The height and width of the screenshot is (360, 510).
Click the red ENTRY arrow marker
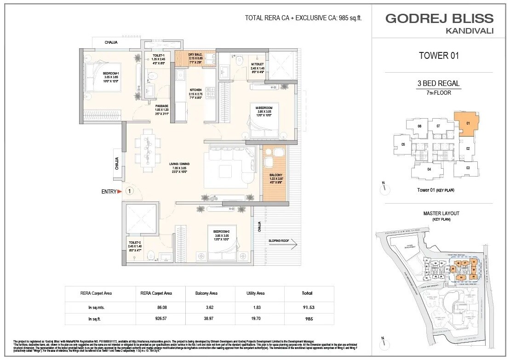[x=120, y=191]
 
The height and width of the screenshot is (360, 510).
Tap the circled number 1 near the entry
[x=130, y=191]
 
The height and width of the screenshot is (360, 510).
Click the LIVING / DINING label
[x=179, y=164]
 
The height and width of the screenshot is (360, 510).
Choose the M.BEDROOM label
[x=264, y=108]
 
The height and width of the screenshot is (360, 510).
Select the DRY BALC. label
[x=195, y=54]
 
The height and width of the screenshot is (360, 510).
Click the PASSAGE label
[x=162, y=106]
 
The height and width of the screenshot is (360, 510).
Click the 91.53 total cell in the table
[x=307, y=306]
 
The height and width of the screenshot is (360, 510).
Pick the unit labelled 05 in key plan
[x=403, y=144]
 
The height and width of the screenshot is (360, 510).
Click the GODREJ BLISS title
[x=439, y=19]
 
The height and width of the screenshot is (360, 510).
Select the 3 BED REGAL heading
[x=439, y=84]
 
